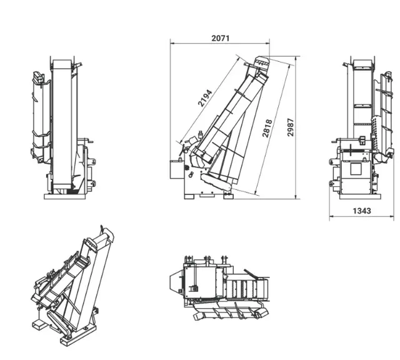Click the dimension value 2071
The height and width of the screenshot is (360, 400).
pos(221,37)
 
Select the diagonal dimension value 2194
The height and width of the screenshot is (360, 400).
pos(206,99)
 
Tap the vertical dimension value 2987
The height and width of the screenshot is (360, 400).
pos(291,127)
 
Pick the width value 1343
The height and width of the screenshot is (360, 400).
pos(361,211)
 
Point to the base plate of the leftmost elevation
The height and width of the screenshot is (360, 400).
pos(69,196)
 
